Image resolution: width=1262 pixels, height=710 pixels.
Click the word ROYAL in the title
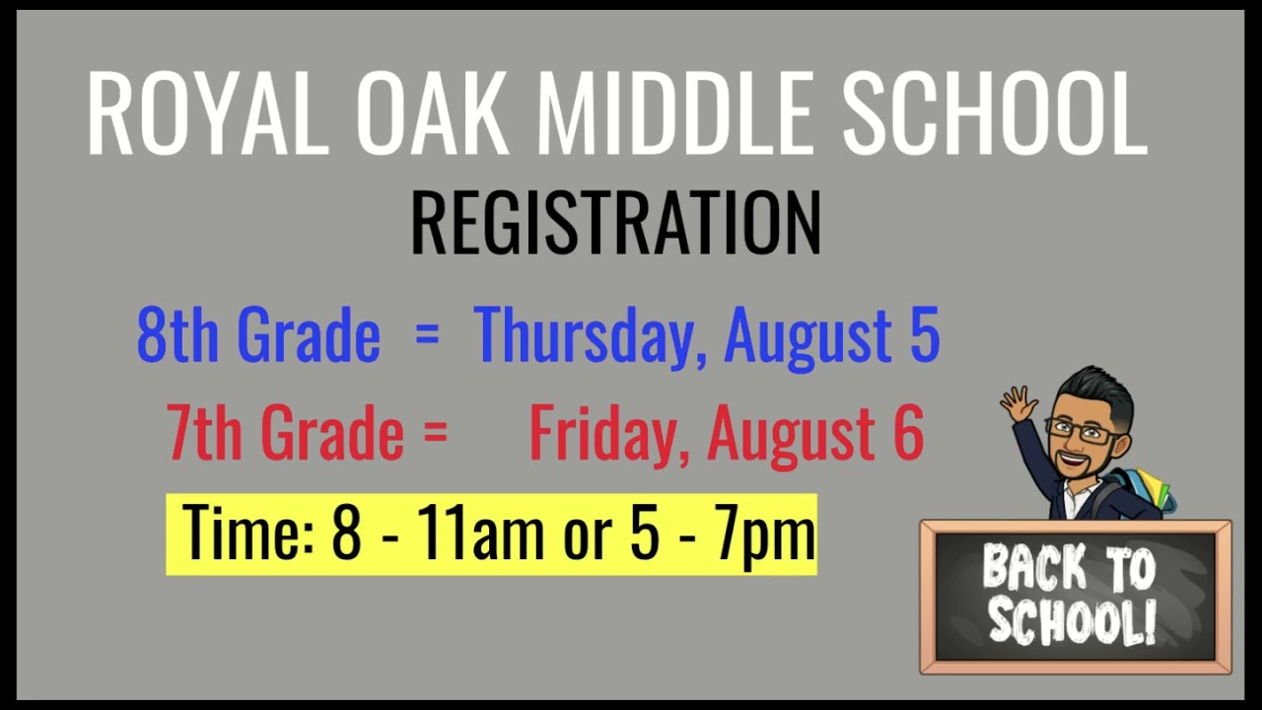pyautogui.click(x=207, y=113)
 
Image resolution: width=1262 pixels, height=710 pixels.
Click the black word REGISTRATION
pyautogui.click(x=615, y=223)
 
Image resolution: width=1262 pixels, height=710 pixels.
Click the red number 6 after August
pyautogui.click(x=908, y=434)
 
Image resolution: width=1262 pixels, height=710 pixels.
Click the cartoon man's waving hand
pyautogui.click(x=1018, y=403)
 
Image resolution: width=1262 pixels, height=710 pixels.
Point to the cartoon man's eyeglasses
pyautogui.click(x=1083, y=430)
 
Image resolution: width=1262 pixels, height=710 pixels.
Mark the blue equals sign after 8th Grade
pyautogui.click(x=426, y=335)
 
